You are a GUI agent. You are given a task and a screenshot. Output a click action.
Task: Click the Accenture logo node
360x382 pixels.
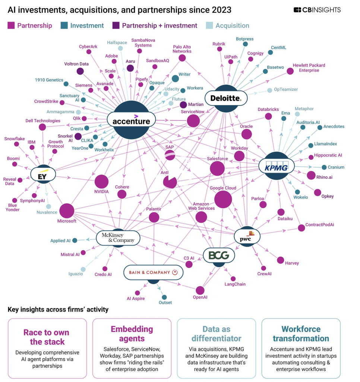pyautogui.click(x=131, y=120)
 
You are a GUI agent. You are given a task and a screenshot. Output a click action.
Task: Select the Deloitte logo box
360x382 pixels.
pyautogui.click(x=226, y=98)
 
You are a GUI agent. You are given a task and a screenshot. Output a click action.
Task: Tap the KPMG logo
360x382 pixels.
pyautogui.click(x=276, y=166)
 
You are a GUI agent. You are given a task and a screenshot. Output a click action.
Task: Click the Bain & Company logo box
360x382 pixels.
pyautogui.click(x=153, y=273)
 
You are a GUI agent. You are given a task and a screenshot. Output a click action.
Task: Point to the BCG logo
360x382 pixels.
pyautogui.click(x=219, y=256)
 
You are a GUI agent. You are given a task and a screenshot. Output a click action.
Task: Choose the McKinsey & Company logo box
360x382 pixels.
pyautogui.click(x=118, y=238)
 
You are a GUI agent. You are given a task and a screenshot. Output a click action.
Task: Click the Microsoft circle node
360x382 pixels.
pyautogui.click(x=67, y=211)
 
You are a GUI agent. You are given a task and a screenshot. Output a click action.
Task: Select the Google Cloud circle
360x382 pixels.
pyautogui.click(x=223, y=199)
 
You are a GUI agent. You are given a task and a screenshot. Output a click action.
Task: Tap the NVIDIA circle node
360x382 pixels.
pyautogui.click(x=101, y=182)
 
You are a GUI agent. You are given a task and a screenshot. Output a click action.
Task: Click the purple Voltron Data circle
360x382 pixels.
pyautogui.click(x=80, y=71)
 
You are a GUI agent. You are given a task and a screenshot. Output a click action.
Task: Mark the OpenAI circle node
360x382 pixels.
pyautogui.click(x=200, y=290)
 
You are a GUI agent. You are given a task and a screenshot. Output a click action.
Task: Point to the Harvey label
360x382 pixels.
pyautogui.click(x=292, y=263)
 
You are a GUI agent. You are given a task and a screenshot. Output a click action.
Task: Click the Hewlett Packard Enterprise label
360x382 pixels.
pyautogui.click(x=309, y=68)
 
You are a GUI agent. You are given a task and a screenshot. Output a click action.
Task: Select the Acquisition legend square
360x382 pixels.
pyautogui.click(x=209, y=26)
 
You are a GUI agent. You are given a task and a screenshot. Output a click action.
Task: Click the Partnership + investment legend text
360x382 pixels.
pyautogui.click(x=160, y=26)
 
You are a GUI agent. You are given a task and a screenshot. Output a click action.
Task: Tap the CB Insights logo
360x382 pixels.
pyautogui.click(x=317, y=10)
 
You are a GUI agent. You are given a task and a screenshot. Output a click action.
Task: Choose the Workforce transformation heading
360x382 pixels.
pyautogui.click(x=301, y=334)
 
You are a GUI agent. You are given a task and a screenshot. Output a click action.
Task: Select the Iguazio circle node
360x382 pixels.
pyautogui.click(x=83, y=269)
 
